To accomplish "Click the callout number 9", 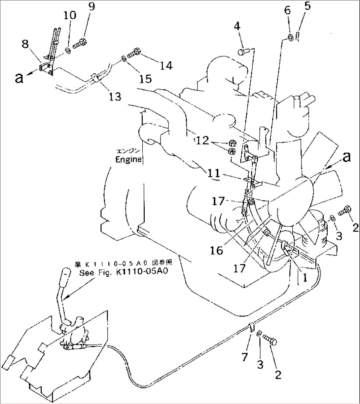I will (x=91, y=7).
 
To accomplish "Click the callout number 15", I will (x=145, y=79).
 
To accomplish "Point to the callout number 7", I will (x=244, y=357).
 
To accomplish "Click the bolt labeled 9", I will (x=80, y=43).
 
